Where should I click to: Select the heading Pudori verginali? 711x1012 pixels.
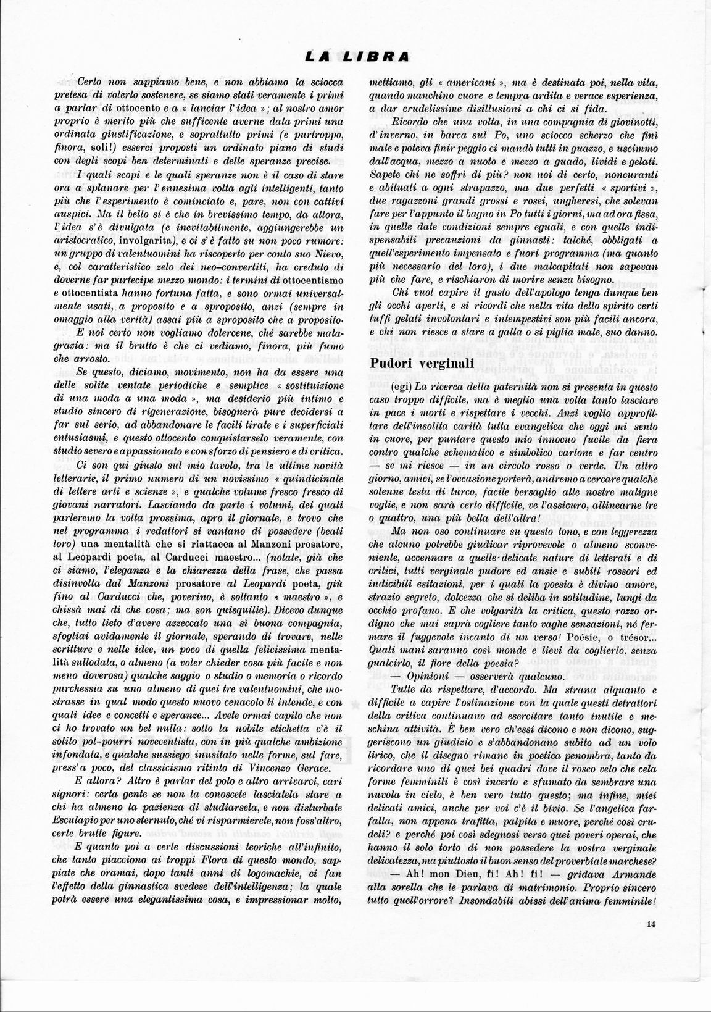(422, 363)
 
